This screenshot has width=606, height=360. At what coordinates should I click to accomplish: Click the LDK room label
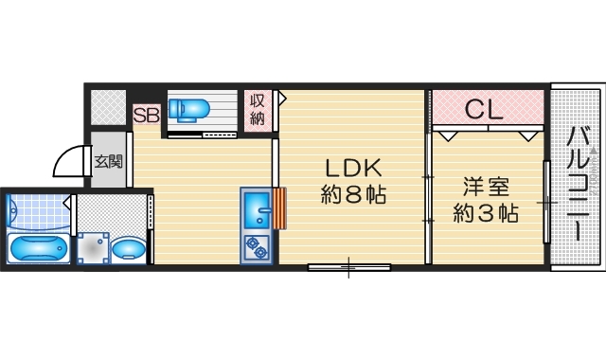pyautogui.click(x=353, y=169)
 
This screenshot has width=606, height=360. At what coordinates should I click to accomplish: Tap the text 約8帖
pyautogui.click(x=353, y=198)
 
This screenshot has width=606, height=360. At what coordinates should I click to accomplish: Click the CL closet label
pyautogui.click(x=484, y=110)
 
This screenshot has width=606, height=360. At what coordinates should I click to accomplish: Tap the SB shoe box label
pyautogui.click(x=146, y=116)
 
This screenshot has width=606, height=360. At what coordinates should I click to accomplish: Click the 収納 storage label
pyautogui.click(x=258, y=109)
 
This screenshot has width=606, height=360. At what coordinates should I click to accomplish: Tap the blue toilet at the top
pyautogui.click(x=192, y=108)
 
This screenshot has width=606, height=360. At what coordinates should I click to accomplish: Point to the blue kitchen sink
pyautogui.click(x=256, y=209)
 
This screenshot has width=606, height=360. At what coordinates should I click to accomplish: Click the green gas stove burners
pyautogui.click(x=256, y=247)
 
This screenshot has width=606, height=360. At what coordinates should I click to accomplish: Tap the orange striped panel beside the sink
pyautogui.click(x=278, y=209)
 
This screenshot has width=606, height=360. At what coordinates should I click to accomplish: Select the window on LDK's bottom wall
pyautogui.click(x=348, y=267)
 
